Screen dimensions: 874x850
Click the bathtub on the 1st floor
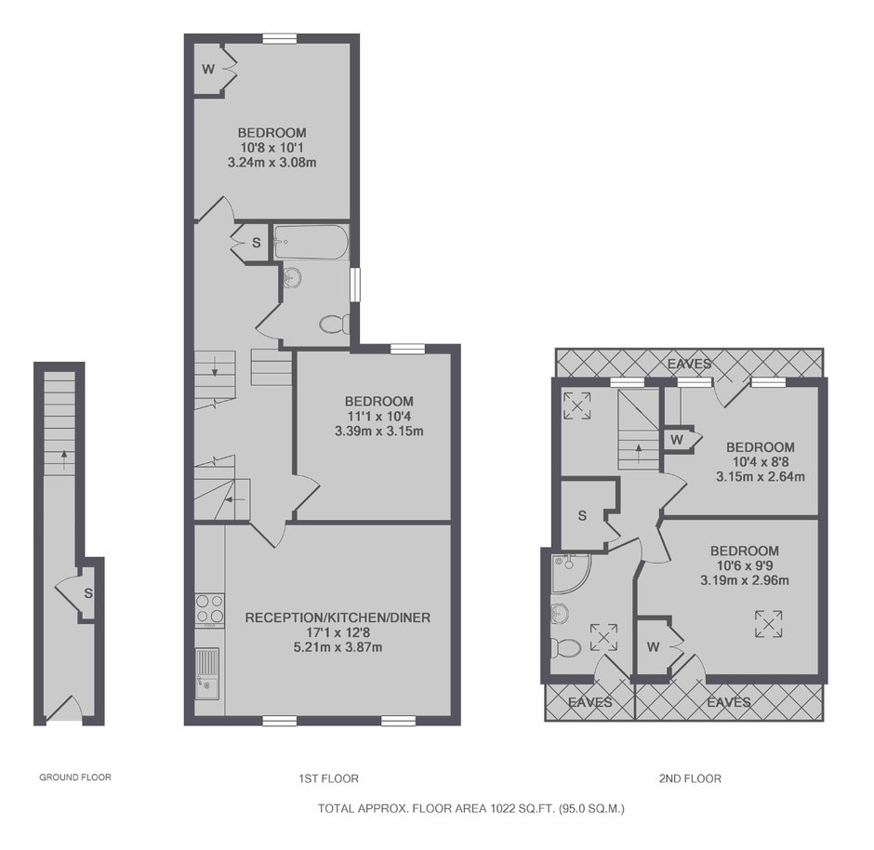pyautogui.click(x=311, y=242)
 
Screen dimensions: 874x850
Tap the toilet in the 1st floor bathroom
pyautogui.click(x=335, y=324)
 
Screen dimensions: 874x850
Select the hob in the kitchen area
pyautogui.click(x=210, y=608)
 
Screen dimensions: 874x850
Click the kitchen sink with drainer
pyautogui.click(x=206, y=673)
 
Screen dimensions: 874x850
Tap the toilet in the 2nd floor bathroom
pyautogui.click(x=565, y=647)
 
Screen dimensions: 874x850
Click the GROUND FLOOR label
pyautogui.click(x=75, y=777)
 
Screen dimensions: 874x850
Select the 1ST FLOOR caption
pyautogui.click(x=328, y=778)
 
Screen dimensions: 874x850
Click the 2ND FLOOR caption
pyautogui.click(x=690, y=778)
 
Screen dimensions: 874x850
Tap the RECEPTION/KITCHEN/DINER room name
pyautogui.click(x=338, y=618)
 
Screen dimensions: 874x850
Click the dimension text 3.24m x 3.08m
pyautogui.click(x=272, y=163)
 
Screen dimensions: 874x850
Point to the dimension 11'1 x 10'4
pyautogui.click(x=379, y=417)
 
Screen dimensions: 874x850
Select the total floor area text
pyautogui.click(x=471, y=808)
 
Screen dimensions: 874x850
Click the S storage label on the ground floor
pyautogui.click(x=88, y=593)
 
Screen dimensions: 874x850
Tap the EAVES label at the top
pyautogui.click(x=690, y=364)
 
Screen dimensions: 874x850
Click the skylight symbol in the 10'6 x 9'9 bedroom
pyautogui.click(x=769, y=624)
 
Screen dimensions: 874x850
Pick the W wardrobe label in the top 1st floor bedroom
pyautogui.click(x=208, y=69)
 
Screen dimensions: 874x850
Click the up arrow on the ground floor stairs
pyautogui.click(x=64, y=459)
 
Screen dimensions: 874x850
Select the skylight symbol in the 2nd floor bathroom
pyautogui.click(x=603, y=637)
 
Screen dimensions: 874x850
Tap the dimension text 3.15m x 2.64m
pyautogui.click(x=761, y=476)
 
